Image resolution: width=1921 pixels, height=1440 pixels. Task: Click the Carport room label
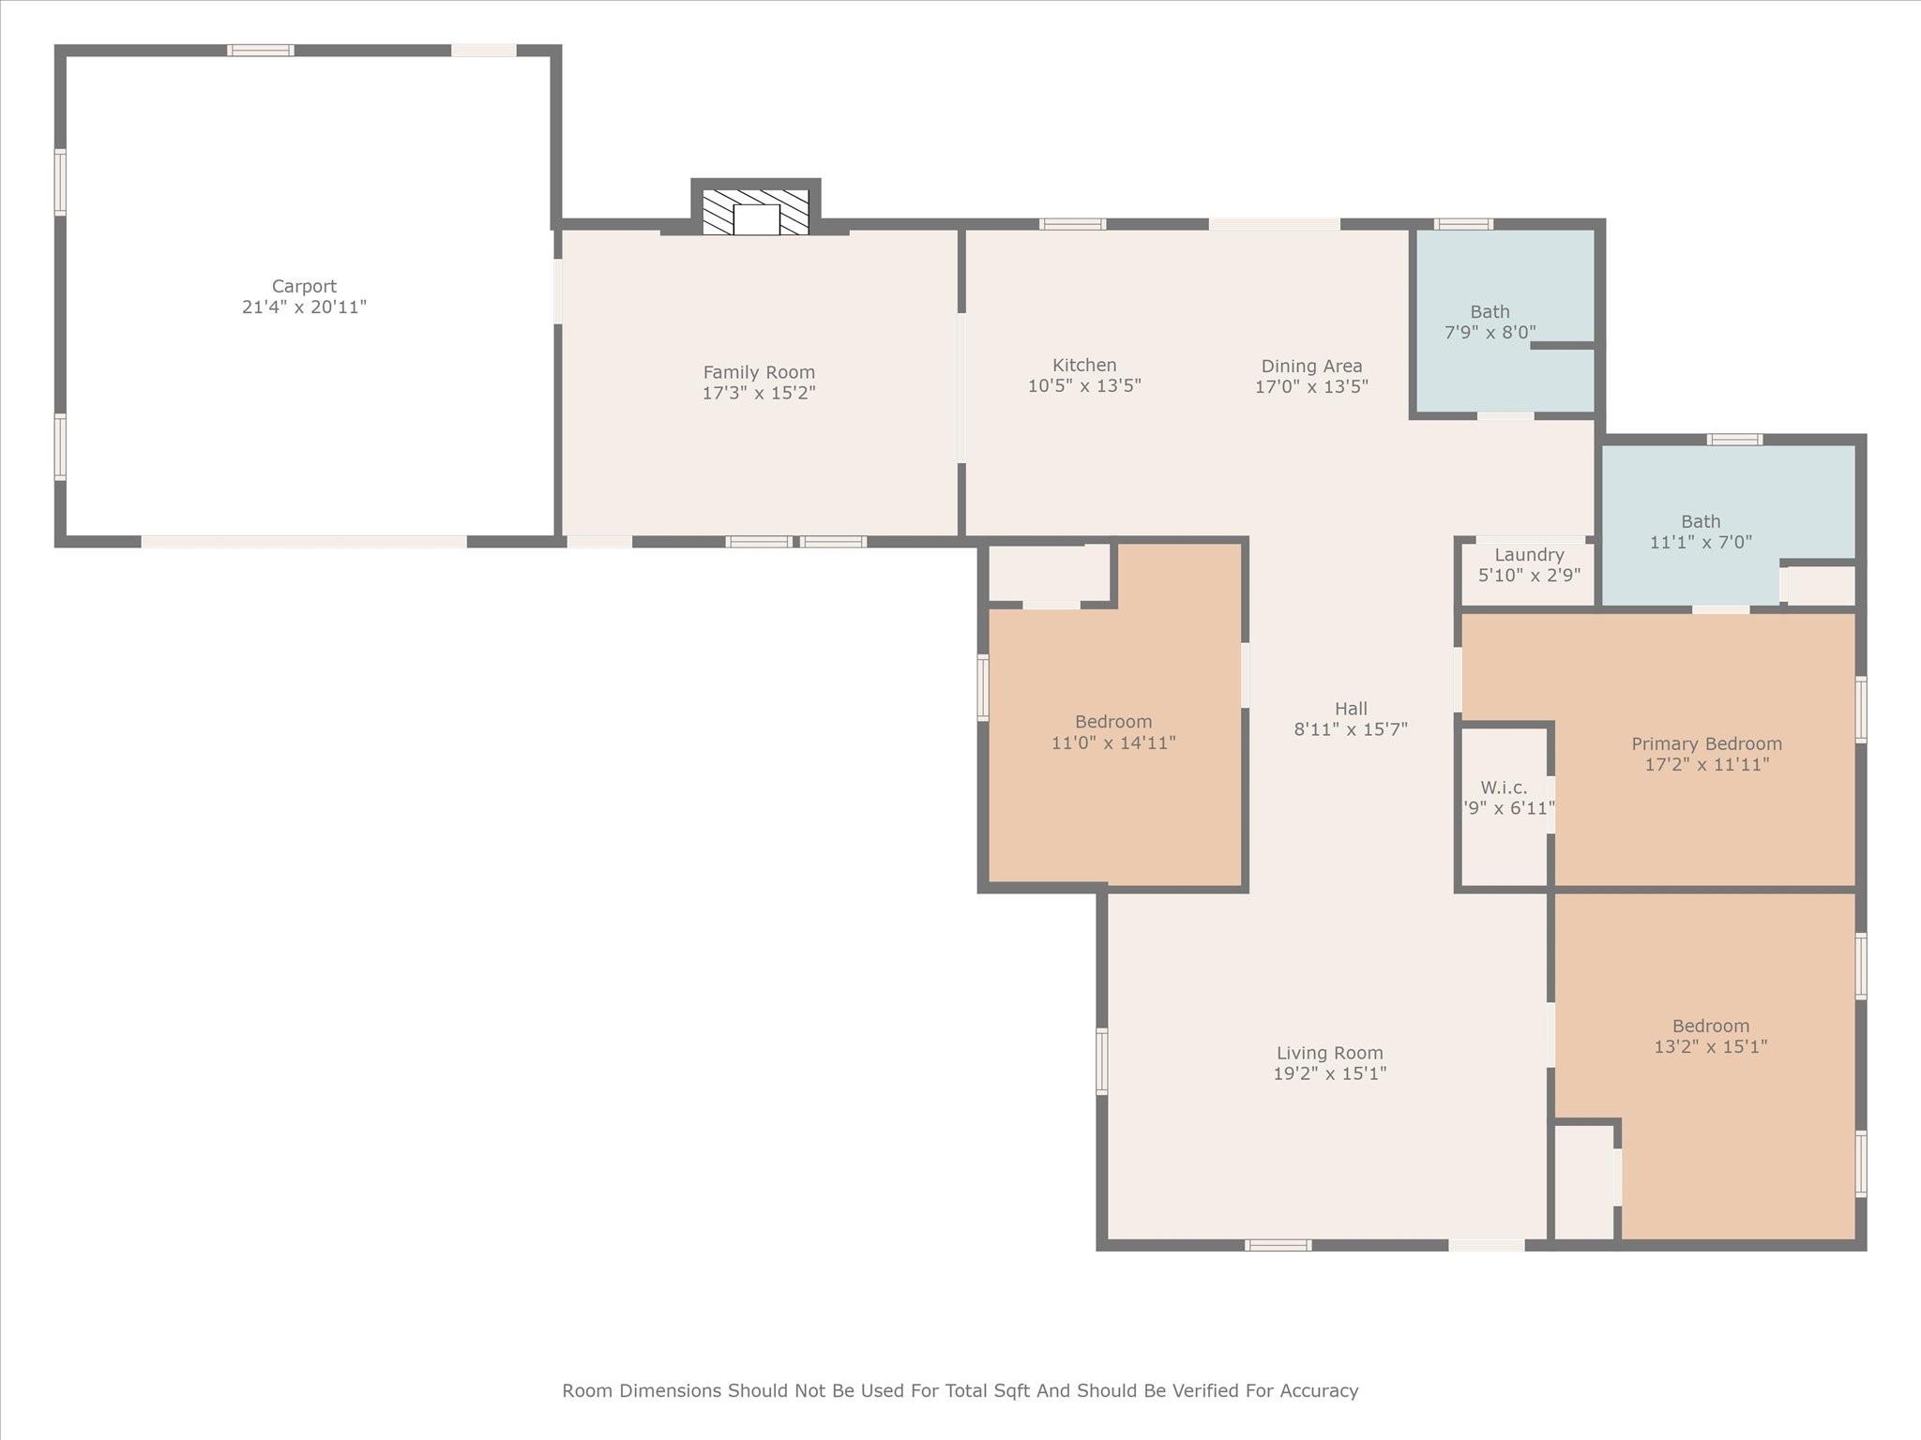[x=304, y=287]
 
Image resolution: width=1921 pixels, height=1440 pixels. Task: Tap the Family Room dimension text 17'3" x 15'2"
[x=759, y=393]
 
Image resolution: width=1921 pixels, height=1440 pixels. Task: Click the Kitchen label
[x=1084, y=366]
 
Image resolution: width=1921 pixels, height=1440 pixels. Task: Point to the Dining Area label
[x=1311, y=367]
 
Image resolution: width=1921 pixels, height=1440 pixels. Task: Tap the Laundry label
[x=1529, y=555]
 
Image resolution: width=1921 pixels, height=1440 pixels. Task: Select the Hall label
[x=1351, y=709]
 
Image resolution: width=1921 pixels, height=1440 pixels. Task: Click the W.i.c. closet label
[x=1504, y=787]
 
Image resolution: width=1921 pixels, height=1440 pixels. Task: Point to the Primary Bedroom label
[x=1706, y=744]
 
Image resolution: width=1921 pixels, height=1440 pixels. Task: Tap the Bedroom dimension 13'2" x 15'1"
[x=1710, y=1046]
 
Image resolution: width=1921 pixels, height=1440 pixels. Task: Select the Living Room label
[x=1329, y=1054]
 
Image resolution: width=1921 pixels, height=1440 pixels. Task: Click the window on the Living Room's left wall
[x=1102, y=1061]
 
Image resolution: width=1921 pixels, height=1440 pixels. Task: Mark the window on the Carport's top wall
[x=261, y=51]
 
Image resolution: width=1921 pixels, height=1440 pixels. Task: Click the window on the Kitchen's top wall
[x=1072, y=224]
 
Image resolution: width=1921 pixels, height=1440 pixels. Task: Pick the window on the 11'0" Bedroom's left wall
[x=983, y=687]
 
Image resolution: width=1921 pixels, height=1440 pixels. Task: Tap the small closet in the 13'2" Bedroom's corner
[x=1583, y=1181]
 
